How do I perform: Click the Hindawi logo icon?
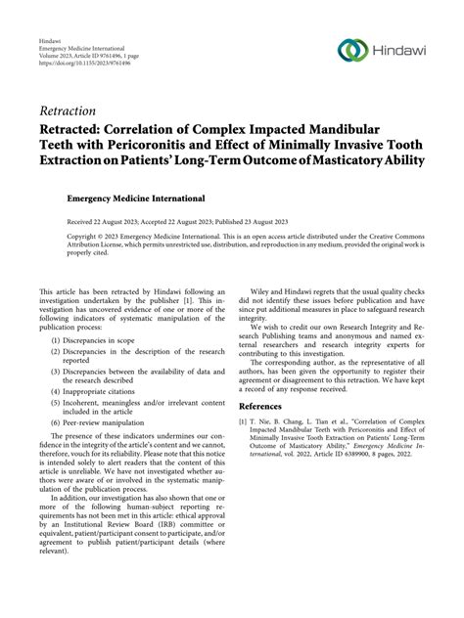[x=348, y=50]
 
